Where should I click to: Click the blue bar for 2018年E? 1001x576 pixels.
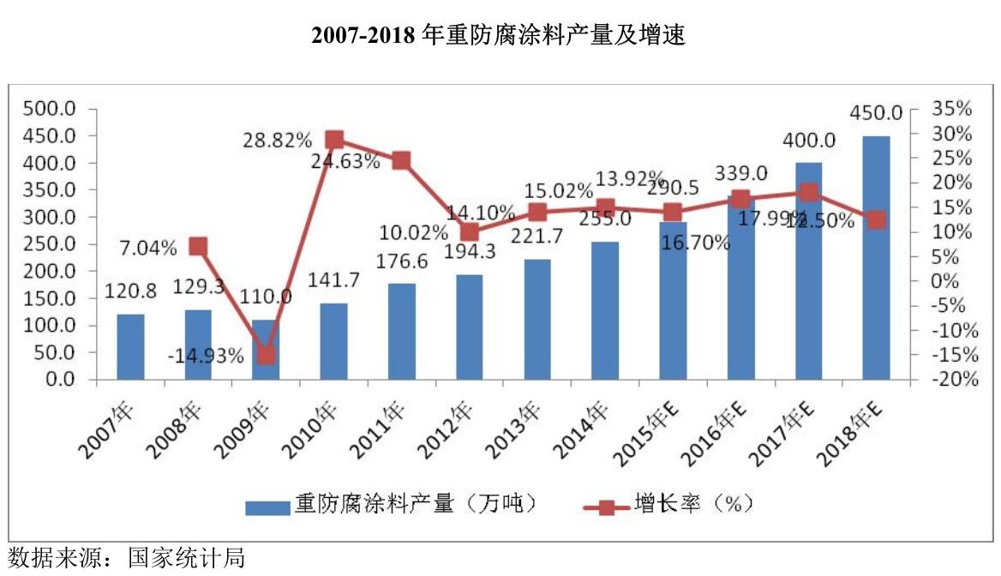pos(876,257)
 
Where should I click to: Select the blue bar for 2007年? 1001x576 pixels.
pos(130,346)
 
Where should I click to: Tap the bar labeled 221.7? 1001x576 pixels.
pos(537,319)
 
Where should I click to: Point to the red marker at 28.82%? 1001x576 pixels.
pos(334,140)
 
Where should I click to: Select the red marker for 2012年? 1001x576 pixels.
pos(470,232)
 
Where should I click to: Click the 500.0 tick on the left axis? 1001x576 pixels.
pos(52,109)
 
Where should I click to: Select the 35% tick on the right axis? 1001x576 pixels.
pos(951,109)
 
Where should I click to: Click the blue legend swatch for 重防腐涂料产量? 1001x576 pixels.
pos(267,507)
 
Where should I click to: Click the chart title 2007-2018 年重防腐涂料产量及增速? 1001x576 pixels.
pos(500,35)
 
